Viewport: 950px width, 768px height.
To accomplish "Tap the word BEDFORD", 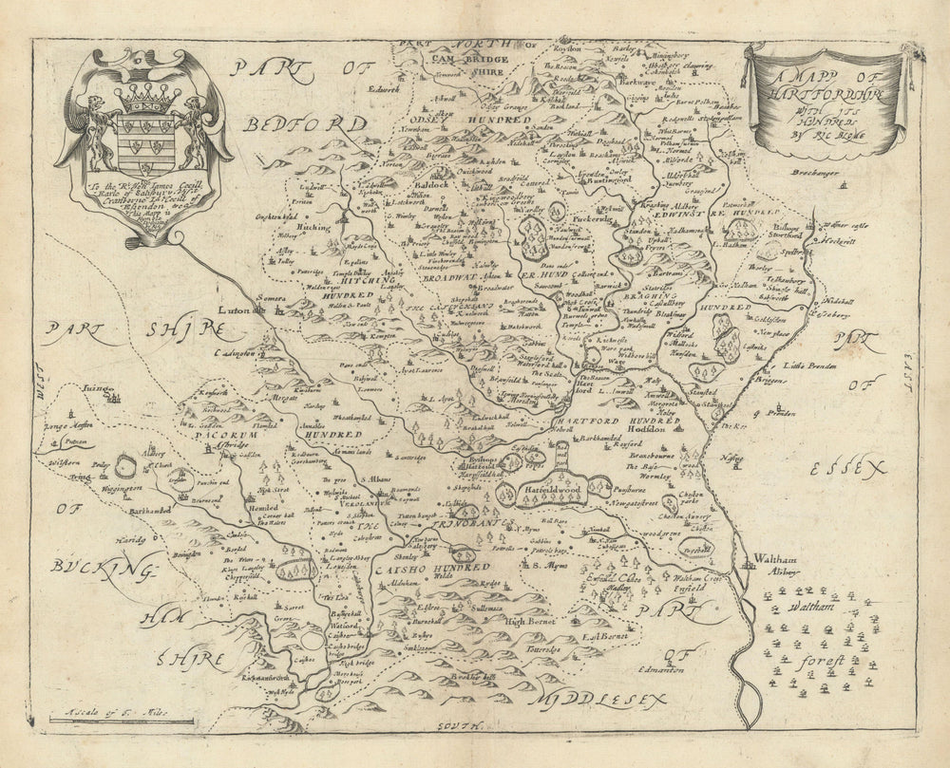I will [303, 124].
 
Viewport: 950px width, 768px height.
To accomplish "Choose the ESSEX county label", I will [848, 467].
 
